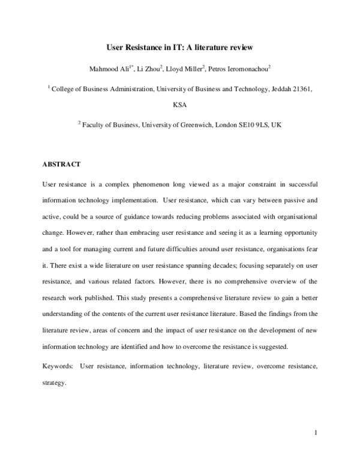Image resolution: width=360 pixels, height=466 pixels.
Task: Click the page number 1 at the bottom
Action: (x=315, y=432)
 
